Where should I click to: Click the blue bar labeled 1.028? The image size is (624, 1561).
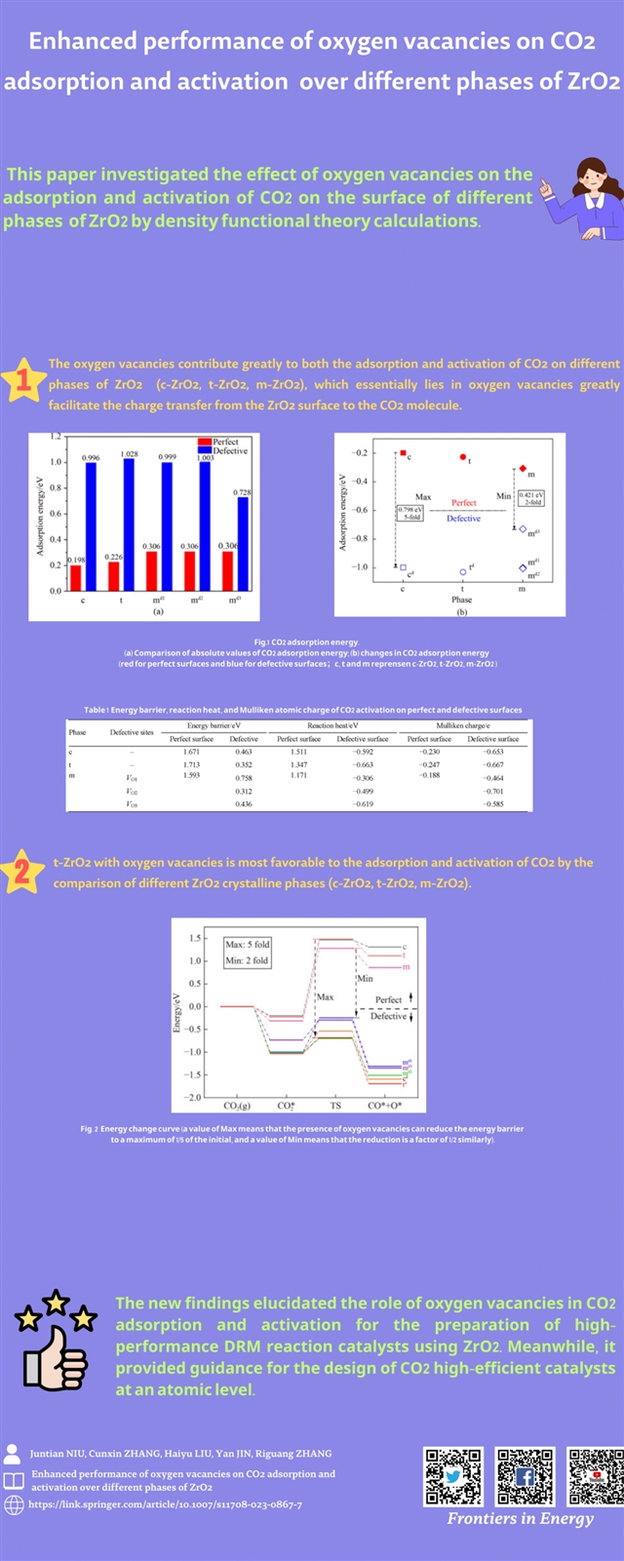click(129, 525)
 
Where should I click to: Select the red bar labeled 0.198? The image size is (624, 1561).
click(76, 578)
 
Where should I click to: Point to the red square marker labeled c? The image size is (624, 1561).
click(403, 453)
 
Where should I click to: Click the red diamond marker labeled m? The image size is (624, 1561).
click(523, 469)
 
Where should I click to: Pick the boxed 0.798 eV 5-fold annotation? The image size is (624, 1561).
click(409, 513)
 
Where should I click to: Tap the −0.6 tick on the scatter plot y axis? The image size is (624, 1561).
click(360, 510)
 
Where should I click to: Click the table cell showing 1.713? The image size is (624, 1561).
click(191, 765)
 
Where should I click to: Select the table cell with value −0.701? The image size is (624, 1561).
click(493, 792)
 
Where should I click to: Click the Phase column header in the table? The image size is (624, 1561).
click(77, 732)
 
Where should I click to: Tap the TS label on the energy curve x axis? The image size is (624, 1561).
click(335, 1107)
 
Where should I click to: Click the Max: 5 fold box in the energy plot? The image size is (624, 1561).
click(247, 953)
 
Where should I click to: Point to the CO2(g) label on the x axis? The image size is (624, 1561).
click(237, 1107)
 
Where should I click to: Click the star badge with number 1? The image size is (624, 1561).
click(23, 381)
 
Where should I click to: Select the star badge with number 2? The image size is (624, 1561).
click(22, 871)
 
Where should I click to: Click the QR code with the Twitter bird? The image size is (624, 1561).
click(453, 1477)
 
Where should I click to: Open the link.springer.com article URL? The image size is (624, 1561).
click(165, 1504)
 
